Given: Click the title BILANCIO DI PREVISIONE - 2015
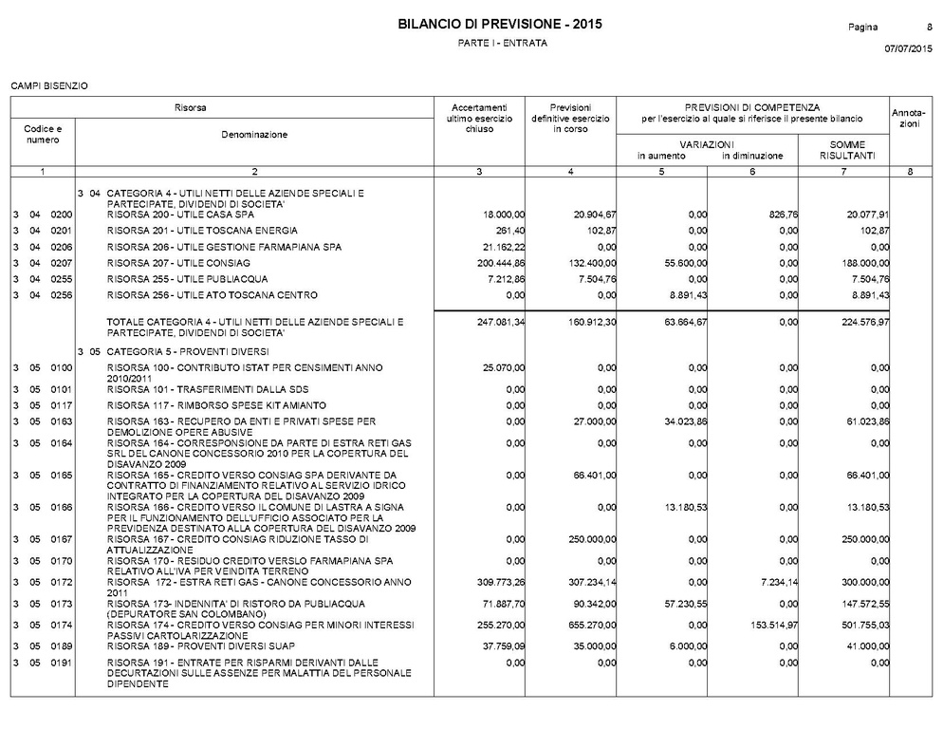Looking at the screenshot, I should [500, 24].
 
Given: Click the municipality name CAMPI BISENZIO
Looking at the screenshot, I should [48, 86].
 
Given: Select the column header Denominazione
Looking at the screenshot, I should [253, 135].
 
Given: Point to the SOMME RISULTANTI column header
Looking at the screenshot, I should [841, 150].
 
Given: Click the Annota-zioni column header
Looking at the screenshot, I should [909, 119].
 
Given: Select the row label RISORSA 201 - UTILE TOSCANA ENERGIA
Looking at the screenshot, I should [202, 231].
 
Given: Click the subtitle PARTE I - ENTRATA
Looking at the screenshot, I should [502, 44].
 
